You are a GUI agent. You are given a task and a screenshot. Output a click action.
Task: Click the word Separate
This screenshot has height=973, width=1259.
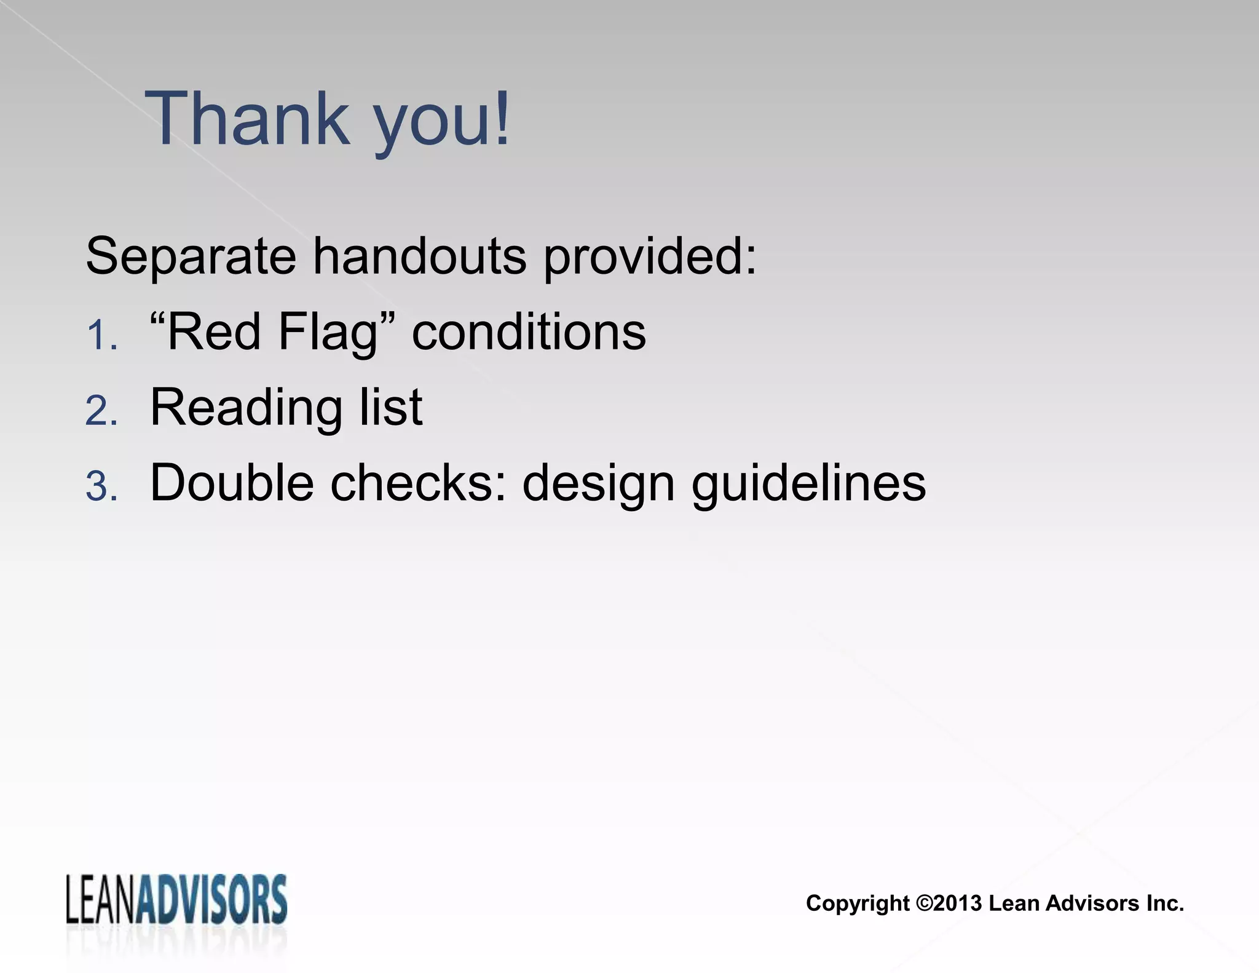pos(191,256)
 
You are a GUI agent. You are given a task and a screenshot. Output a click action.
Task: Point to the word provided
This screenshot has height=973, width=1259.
pos(650,256)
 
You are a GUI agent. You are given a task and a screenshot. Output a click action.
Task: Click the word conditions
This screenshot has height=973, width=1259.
pos(529,332)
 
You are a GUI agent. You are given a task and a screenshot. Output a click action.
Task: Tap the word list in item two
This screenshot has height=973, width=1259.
pos(391,407)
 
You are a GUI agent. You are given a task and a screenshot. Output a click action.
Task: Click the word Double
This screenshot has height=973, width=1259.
pos(231,483)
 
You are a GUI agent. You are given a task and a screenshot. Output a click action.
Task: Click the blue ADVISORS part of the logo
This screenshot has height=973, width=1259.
pos(212,900)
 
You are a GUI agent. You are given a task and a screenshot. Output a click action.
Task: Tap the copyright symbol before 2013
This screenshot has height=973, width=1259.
pos(924,903)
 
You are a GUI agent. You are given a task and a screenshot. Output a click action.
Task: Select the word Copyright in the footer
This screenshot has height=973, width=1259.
pos(858,903)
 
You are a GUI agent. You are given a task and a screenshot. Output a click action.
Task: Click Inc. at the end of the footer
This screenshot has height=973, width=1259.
pos(1164,903)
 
